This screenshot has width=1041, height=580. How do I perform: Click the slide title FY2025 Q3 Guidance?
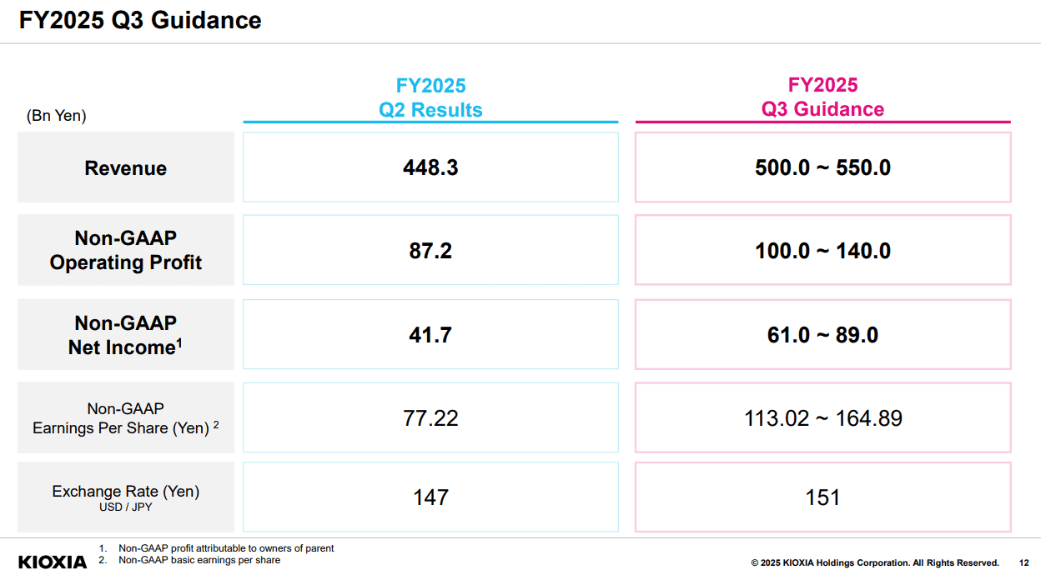tap(140, 21)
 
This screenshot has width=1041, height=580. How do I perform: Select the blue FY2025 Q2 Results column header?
tap(430, 97)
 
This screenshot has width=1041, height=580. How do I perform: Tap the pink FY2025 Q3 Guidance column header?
tap(822, 97)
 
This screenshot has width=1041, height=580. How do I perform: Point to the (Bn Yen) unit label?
tap(56, 116)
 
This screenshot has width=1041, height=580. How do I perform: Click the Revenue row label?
tap(125, 168)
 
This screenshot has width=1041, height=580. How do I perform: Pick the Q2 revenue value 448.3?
tap(430, 167)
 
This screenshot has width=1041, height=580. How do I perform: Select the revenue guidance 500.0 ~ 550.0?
tap(822, 167)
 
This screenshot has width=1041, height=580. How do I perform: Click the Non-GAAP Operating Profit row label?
tap(125, 250)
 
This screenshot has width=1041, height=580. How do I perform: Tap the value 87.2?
tap(430, 251)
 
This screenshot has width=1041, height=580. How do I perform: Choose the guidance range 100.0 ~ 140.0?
tap(822, 251)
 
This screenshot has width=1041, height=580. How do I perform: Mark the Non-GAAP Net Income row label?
tap(125, 335)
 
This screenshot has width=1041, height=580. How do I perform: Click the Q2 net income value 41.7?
tap(430, 335)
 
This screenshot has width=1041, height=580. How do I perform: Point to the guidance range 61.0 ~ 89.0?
tap(822, 335)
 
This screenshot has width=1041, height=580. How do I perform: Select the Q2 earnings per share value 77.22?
tap(430, 418)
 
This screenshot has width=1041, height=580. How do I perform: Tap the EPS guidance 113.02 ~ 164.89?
tap(823, 418)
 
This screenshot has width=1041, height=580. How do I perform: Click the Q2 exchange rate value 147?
tap(430, 497)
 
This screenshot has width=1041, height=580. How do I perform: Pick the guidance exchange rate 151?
tap(822, 497)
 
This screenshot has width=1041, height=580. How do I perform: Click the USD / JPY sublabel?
tap(125, 507)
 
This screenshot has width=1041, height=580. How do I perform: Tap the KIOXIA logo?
tap(53, 562)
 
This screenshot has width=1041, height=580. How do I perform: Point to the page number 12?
tap(1023, 562)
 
